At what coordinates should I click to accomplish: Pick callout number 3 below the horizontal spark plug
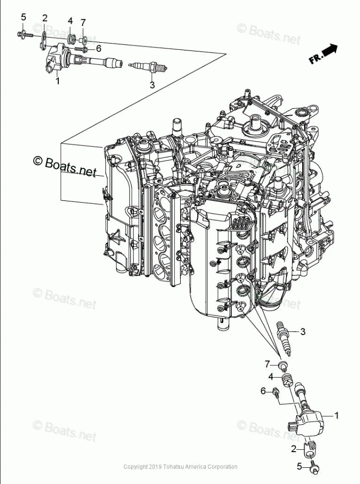coord(152,84)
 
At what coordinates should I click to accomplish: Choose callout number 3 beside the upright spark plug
coord(303,332)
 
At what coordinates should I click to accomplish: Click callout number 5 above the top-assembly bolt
coord(23,18)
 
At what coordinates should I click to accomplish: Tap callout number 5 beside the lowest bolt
coord(299,467)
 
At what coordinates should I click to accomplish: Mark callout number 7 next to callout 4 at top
coord(83,23)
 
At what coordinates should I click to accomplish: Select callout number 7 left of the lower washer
coord(267,363)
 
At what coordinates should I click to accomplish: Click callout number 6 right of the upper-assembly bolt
coord(98,48)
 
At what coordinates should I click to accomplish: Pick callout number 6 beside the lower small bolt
coord(263,390)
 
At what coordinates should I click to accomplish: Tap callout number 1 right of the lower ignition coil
coord(336,415)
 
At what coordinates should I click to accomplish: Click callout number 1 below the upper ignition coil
coord(57,81)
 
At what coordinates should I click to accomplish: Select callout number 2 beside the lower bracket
coord(294,449)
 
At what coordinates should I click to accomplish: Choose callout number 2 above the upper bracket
coord(45,19)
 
